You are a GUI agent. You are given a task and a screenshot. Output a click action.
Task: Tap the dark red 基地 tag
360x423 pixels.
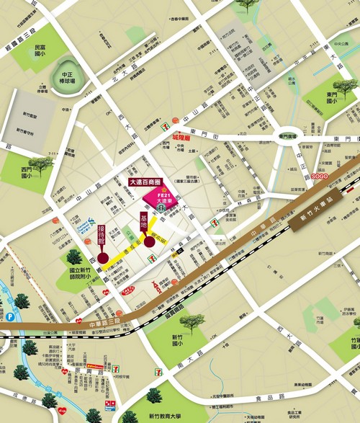(144, 225)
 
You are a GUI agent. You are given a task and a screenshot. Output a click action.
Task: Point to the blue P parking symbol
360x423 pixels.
(10, 316)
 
